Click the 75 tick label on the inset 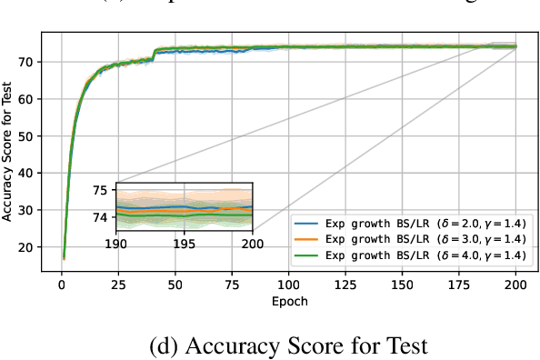point(100,190)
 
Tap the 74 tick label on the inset point(100,217)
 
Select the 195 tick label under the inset point(185,243)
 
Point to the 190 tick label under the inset point(116,243)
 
